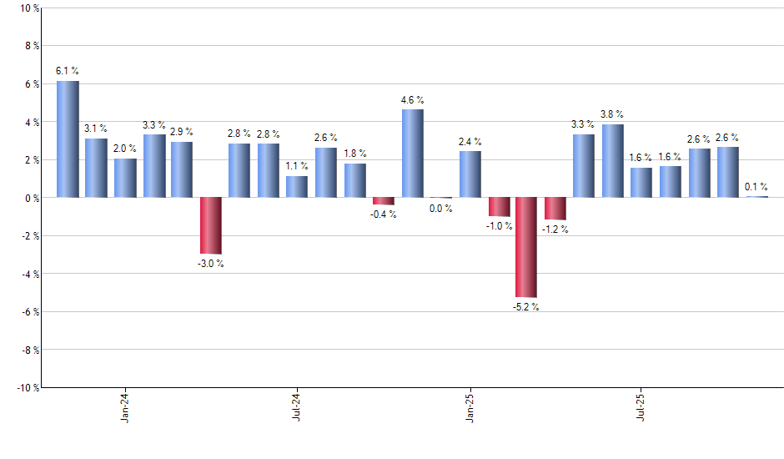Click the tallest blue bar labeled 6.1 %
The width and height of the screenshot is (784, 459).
pyautogui.click(x=68, y=139)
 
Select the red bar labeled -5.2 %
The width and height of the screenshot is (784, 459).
pyautogui.click(x=526, y=247)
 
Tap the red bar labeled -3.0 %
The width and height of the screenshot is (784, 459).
pyautogui.click(x=211, y=225)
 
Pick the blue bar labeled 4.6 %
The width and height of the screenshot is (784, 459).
pyautogui.click(x=412, y=154)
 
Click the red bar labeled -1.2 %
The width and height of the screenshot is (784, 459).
pyautogui.click(x=555, y=209)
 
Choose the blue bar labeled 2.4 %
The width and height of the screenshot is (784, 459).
pyautogui.click(x=470, y=174)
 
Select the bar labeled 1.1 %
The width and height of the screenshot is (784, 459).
pyautogui.click(x=297, y=187)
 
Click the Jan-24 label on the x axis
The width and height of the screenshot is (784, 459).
pyautogui.click(x=125, y=408)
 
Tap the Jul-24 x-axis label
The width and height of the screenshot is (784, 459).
pyautogui.click(x=297, y=408)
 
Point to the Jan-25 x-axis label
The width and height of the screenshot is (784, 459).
pyautogui.click(x=470, y=408)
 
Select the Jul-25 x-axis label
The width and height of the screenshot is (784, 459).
pyautogui.click(x=641, y=408)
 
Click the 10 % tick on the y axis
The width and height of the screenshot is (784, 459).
pyautogui.click(x=28, y=8)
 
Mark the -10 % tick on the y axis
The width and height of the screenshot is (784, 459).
pyautogui.click(x=27, y=387)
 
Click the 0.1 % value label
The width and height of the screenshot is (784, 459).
pyautogui.click(x=756, y=187)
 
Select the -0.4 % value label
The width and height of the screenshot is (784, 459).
pyautogui.click(x=384, y=214)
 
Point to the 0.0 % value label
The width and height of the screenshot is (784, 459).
pyautogui.click(x=440, y=209)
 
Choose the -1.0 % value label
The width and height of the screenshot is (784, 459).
pyautogui.click(x=498, y=226)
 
